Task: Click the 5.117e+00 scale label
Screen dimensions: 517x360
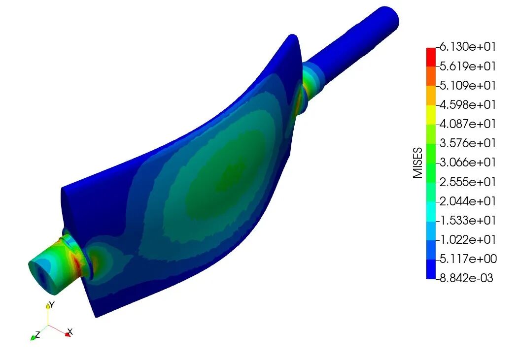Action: tap(468, 259)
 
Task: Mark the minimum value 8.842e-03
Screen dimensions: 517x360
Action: tap(467, 278)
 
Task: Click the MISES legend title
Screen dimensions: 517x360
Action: tap(418, 163)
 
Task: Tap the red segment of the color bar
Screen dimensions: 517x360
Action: tap(431, 57)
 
